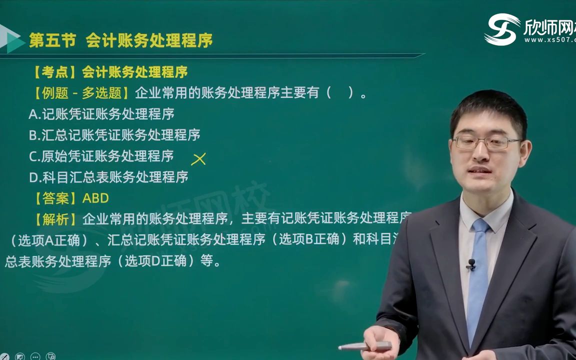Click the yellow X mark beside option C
[198, 159]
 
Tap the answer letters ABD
[95, 198]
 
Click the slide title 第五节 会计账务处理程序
[120, 40]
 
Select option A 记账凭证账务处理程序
[101, 114]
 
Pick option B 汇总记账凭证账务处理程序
[114, 135]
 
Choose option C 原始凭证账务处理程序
[101, 156]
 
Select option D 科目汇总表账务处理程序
[108, 177]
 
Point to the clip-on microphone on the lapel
[470, 264]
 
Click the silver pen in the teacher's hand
[365, 346]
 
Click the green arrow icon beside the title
[12, 39]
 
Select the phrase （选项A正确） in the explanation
[48, 240]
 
